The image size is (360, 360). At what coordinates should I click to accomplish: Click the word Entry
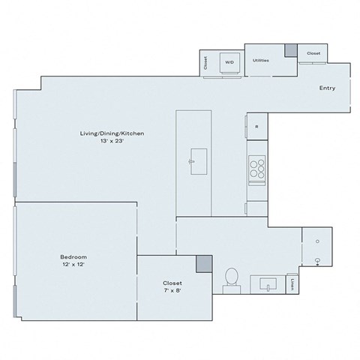[327, 88]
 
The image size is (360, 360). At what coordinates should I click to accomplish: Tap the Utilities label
[261, 60]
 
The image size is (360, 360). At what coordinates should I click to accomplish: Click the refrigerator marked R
[256, 127]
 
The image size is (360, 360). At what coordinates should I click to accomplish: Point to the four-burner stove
[256, 167]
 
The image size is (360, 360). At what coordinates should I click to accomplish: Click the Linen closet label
[292, 284]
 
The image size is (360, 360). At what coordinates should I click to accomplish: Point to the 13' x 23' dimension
[112, 141]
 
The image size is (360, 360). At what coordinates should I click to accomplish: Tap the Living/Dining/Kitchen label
[112, 133]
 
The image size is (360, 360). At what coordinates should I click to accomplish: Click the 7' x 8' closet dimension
[172, 290]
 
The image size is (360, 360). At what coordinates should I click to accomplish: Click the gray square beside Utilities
[289, 51]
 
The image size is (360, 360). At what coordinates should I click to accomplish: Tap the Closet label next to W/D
[205, 63]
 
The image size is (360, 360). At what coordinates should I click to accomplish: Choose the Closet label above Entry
[312, 54]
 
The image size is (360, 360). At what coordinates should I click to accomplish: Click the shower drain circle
[318, 241]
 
